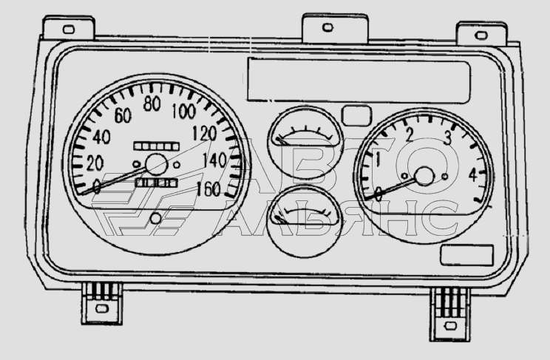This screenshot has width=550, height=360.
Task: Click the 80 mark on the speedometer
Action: (153, 103)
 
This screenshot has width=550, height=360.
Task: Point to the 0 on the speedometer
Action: (97, 186)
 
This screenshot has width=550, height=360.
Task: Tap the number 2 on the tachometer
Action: (409, 133)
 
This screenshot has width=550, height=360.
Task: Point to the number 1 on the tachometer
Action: (378, 160)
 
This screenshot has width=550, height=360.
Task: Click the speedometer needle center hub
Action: (157, 164)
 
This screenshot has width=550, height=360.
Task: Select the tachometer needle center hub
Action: (424, 176)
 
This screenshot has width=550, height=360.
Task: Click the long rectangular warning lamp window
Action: (358, 80)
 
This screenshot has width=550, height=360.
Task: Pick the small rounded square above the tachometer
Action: (357, 115)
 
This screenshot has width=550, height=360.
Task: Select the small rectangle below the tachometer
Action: (466, 256)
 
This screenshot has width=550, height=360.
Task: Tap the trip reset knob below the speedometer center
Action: (155, 218)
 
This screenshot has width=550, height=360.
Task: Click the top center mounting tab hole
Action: (327, 28)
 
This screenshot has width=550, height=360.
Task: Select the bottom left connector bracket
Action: (98, 303)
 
